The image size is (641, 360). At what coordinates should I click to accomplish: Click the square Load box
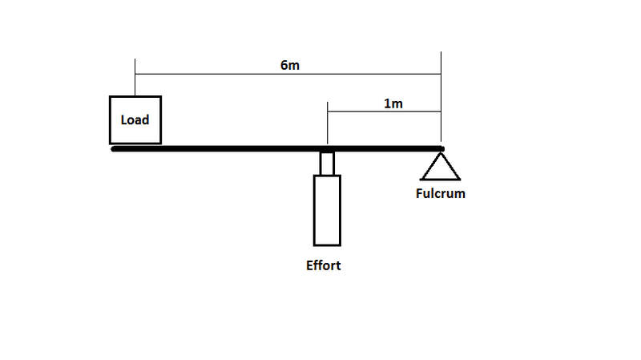pyautogui.click(x=110, y=119)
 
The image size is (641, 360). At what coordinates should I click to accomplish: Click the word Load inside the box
pyautogui.click(x=135, y=119)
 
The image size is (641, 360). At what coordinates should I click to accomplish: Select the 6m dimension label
pyautogui.click(x=290, y=65)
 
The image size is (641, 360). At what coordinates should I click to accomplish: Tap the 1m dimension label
pyautogui.click(x=393, y=103)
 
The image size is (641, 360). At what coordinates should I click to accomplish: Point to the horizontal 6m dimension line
pyautogui.click(x=288, y=74)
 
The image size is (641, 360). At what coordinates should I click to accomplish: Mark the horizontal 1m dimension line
pyautogui.click(x=385, y=111)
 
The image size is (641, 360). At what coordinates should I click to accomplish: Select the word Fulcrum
pyautogui.click(x=440, y=193)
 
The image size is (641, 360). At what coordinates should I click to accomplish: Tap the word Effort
pyautogui.click(x=324, y=265)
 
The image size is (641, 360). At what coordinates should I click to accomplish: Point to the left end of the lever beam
pyautogui.click(x=112, y=149)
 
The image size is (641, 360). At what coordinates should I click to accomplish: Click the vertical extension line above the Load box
pyautogui.click(x=135, y=77)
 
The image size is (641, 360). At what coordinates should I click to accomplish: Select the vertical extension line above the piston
pyautogui.click(x=328, y=123)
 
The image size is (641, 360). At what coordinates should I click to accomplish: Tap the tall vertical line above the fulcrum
pyautogui.click(x=441, y=96)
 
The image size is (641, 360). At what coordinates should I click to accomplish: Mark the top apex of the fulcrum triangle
pyautogui.click(x=441, y=153)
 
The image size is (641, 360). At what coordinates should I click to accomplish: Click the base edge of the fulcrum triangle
pyautogui.click(x=440, y=179)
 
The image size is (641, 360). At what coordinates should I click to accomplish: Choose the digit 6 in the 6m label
pyautogui.click(x=284, y=65)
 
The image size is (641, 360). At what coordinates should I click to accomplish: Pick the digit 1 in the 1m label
pyautogui.click(x=388, y=103)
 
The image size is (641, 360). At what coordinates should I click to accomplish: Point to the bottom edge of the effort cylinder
pyautogui.click(x=327, y=245)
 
